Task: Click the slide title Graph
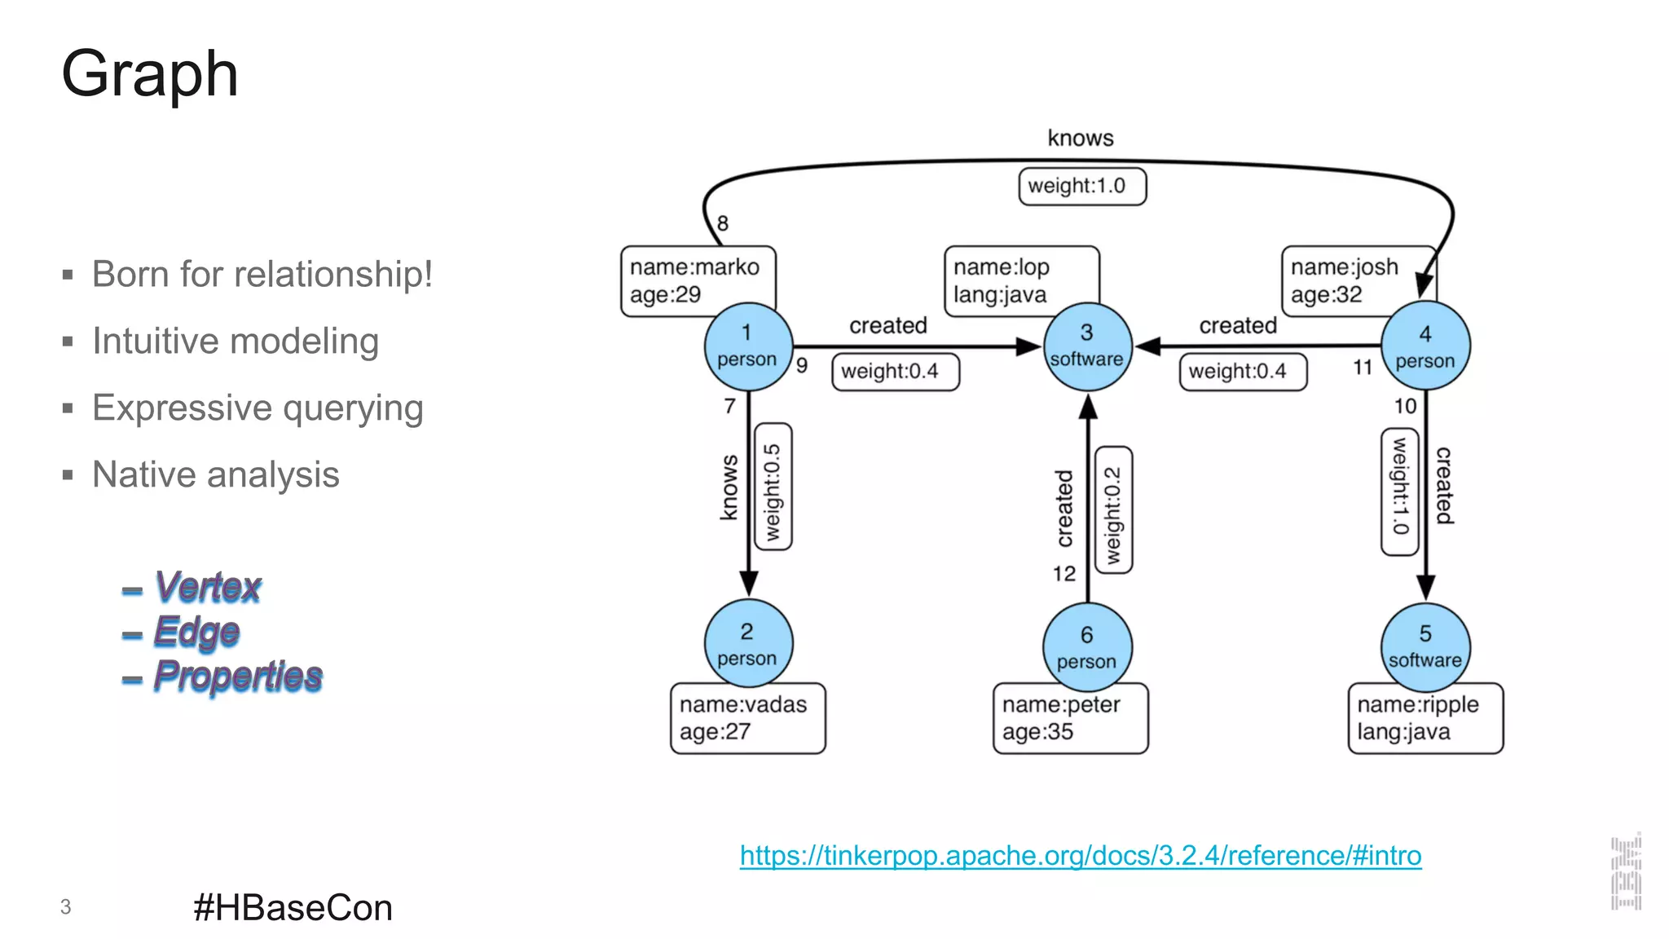(150, 74)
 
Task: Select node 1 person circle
(747, 346)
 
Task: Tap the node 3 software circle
(1086, 346)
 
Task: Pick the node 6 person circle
(1086, 647)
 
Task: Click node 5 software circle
(1425, 646)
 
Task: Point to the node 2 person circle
(747, 644)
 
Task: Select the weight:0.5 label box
(773, 487)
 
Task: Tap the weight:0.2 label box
(1112, 510)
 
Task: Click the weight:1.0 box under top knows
(1081, 186)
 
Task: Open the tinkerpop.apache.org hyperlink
(1080, 855)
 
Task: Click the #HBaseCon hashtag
(293, 907)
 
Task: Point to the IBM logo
(1626, 871)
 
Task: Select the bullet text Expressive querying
(258, 408)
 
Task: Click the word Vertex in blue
(208, 587)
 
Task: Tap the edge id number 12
(1063, 574)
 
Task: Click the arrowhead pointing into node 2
(748, 584)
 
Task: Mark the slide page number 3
(65, 906)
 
